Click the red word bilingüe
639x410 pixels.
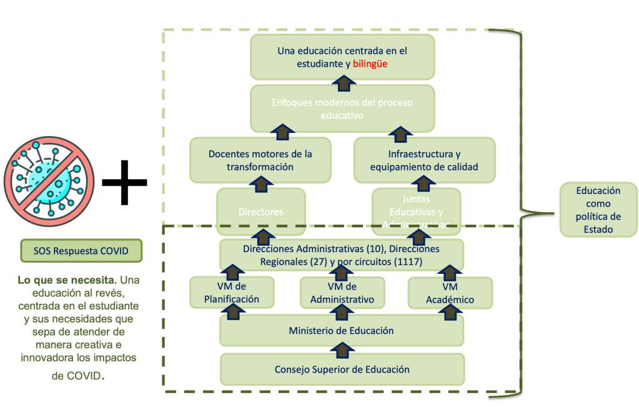370,64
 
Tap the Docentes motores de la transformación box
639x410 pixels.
260,160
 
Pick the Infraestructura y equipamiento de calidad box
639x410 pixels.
424,160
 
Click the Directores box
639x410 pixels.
260,212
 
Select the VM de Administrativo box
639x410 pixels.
342,293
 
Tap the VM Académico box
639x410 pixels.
450,293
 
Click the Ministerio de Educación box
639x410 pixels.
341,330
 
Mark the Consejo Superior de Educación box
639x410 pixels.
342,369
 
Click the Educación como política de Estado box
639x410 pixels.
598,210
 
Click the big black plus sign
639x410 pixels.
124,183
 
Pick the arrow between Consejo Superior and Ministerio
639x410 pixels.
342,349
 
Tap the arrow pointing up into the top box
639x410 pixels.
342,80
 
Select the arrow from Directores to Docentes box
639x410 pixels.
260,184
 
